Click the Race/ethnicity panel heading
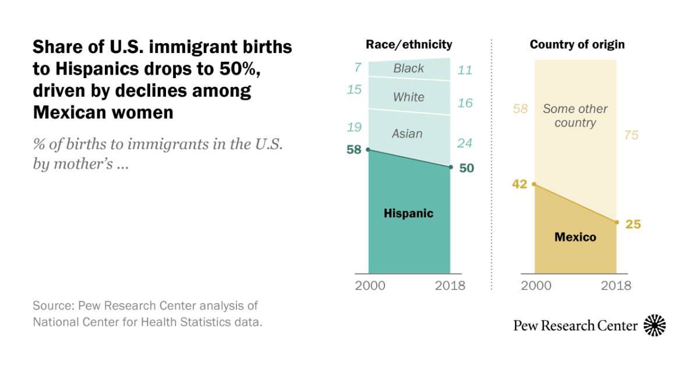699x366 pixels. tap(409, 45)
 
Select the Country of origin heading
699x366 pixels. tap(577, 45)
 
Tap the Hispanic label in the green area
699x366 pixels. tap(408, 213)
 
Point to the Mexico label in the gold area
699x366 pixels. tap(575, 237)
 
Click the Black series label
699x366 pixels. tap(408, 68)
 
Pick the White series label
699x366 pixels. tap(408, 97)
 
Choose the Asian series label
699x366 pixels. tap(407, 134)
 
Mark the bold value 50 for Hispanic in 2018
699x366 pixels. tap(466, 168)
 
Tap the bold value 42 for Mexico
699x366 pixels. tap(520, 184)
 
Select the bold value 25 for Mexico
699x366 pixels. tap(633, 224)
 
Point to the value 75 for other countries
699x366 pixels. tap(631, 135)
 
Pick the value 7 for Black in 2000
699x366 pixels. tap(358, 68)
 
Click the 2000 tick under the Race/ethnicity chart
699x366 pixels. tap(370, 286)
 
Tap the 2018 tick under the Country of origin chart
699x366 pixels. tap(616, 286)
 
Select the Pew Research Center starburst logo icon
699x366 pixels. tap(655, 325)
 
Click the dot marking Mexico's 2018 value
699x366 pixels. tap(616, 222)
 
